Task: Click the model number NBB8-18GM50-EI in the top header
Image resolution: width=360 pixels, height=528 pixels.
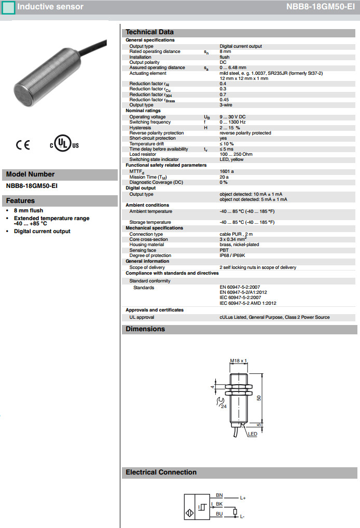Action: coord(320,7)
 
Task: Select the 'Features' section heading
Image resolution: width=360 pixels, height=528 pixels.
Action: coord(21,201)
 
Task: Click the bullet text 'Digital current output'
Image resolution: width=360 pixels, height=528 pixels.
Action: coord(42,231)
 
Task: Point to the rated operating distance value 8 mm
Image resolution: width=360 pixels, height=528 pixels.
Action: coord(225,51)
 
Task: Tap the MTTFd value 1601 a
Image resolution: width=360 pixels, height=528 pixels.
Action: coord(227,170)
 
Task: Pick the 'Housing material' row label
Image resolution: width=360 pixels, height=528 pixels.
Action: coord(146,245)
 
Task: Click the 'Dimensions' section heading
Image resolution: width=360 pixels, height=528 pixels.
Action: coord(145,329)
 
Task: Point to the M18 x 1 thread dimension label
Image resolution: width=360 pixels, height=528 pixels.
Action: coord(239,360)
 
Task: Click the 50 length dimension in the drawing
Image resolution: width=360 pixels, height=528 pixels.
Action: coord(258,397)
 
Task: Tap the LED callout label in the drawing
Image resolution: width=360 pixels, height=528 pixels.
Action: coord(253,434)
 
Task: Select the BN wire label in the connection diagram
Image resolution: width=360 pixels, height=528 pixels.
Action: coord(219,495)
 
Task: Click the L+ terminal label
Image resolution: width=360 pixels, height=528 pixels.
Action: coord(243,498)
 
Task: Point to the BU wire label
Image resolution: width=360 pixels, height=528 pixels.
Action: coord(219,513)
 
